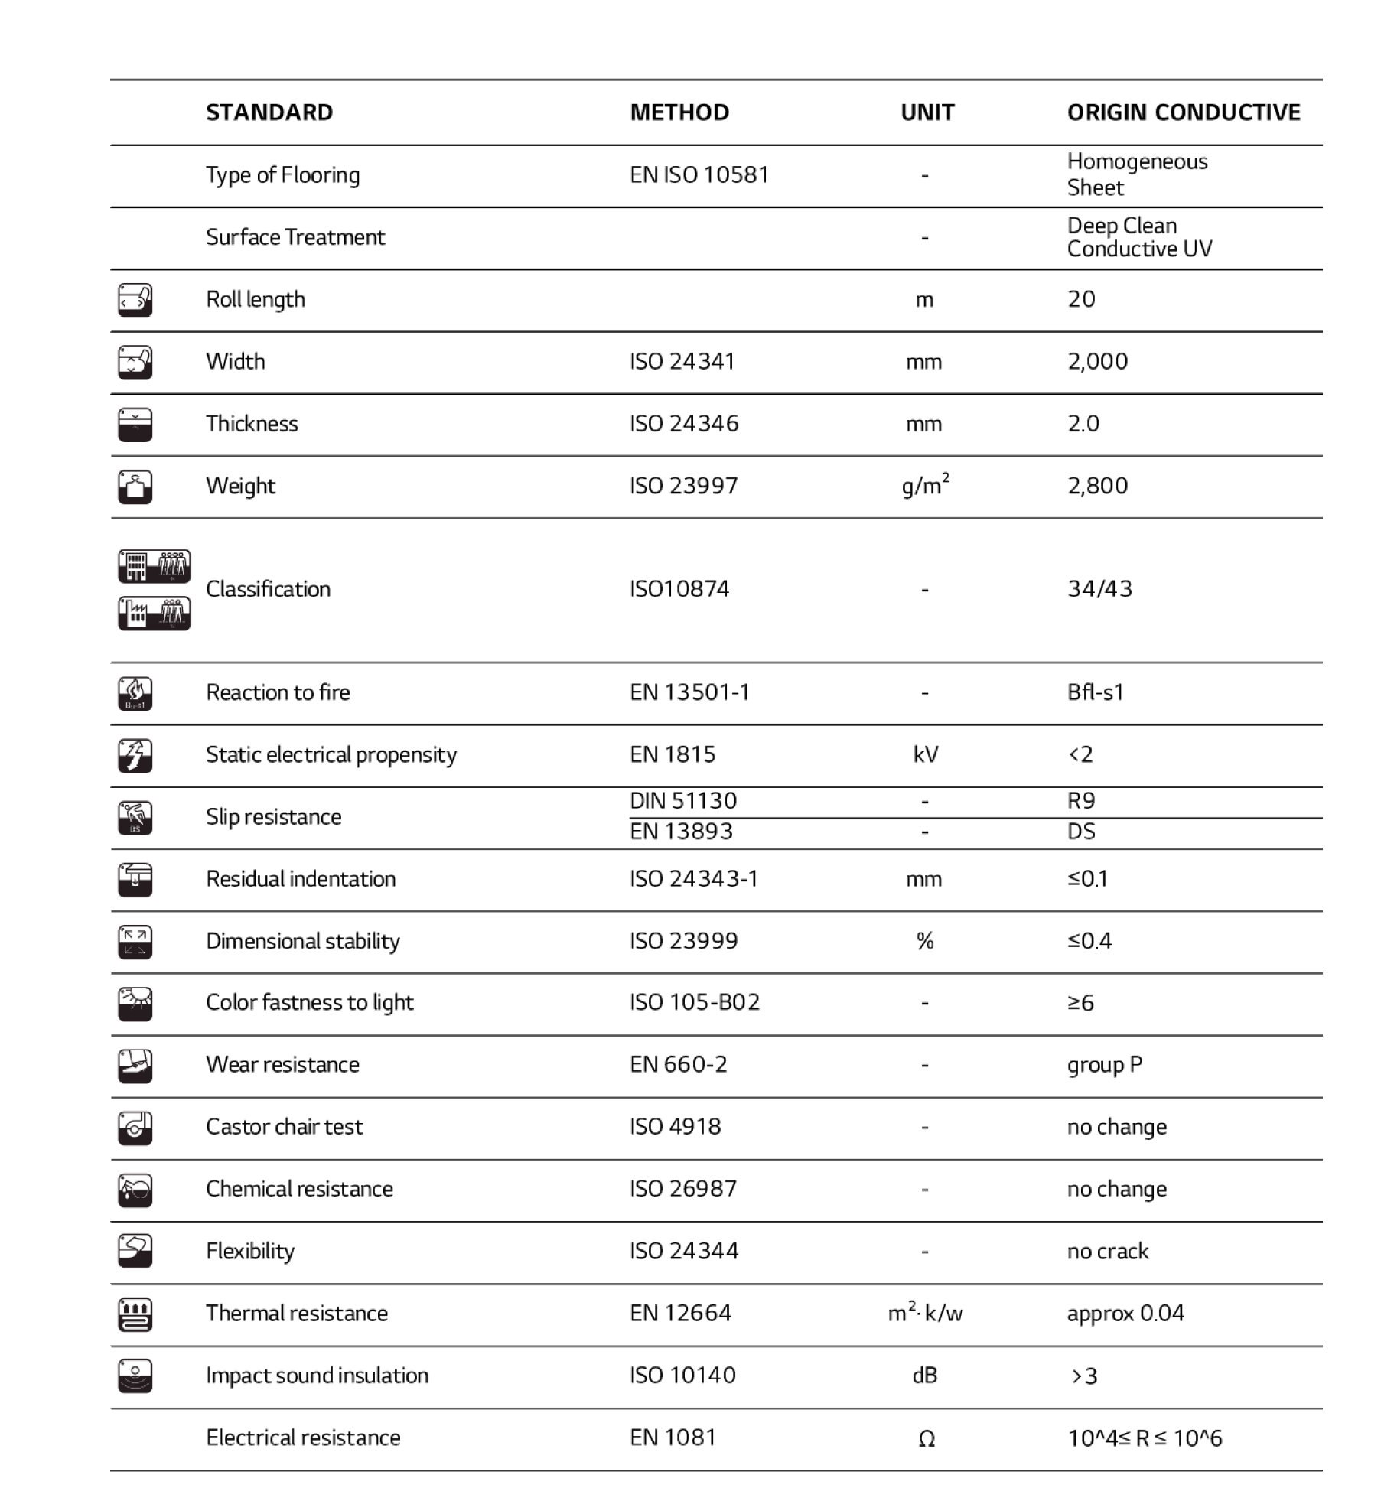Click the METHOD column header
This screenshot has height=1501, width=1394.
[679, 112]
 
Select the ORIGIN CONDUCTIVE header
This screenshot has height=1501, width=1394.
[1183, 112]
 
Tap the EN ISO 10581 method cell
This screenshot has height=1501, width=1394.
[699, 175]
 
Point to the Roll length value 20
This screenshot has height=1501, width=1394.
[1081, 299]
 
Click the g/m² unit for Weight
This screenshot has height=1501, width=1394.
[925, 485]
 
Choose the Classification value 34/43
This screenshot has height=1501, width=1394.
[1099, 588]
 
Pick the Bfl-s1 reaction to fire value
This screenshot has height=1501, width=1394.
[1095, 692]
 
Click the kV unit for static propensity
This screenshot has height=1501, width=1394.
[925, 754]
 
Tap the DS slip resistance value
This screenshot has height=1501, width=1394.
[1081, 832]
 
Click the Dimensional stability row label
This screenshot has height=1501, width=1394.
[303, 941]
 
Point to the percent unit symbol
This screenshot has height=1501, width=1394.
[925, 941]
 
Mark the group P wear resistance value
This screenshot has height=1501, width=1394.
[1104, 1065]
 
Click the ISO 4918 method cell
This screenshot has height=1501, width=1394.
[675, 1127]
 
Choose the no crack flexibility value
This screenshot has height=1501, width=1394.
[1107, 1251]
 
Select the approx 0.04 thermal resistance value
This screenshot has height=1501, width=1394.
[1125, 1314]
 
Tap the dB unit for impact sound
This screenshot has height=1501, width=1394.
[925, 1376]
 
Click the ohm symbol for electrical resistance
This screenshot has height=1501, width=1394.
[926, 1439]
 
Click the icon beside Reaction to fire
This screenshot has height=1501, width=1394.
[135, 693]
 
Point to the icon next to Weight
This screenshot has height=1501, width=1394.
[135, 487]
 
